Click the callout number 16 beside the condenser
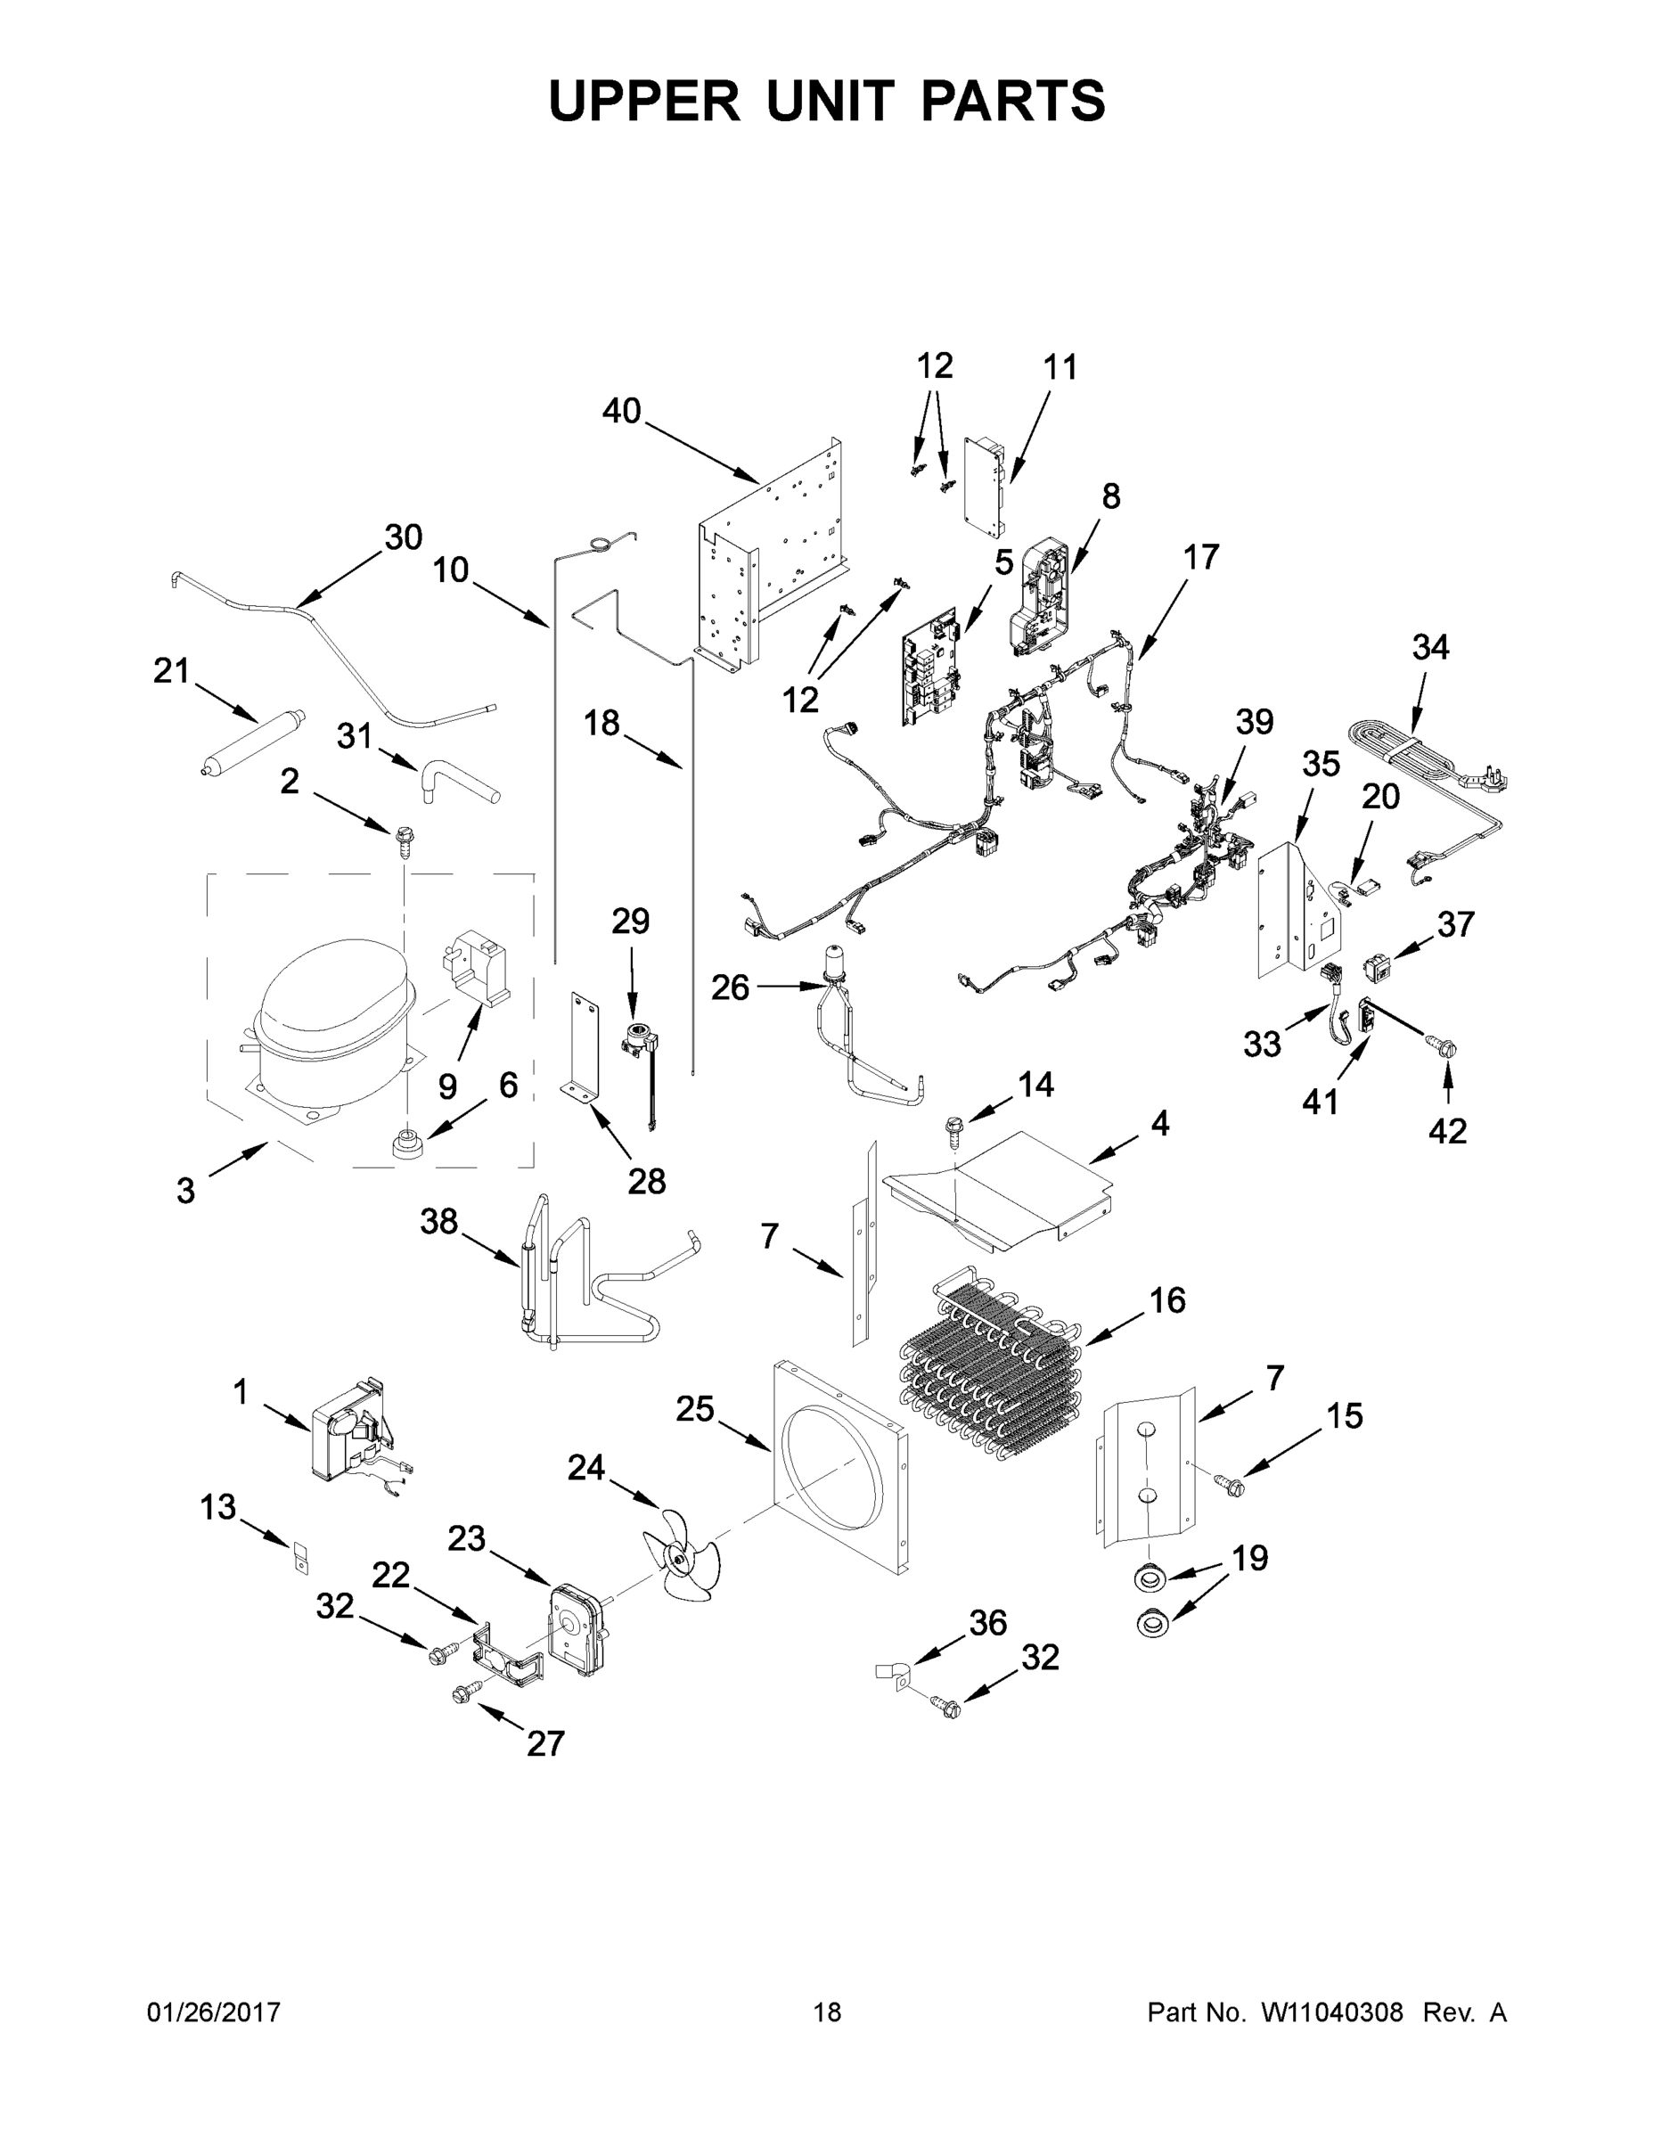click(x=1167, y=1299)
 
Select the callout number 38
click(x=438, y=1221)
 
